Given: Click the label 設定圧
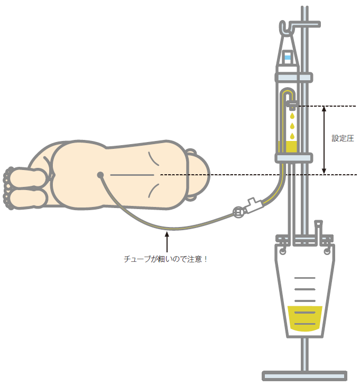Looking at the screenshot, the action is tap(343, 138).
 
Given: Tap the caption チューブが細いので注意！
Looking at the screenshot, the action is tap(165, 259).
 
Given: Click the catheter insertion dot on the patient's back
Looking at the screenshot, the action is tap(100, 175).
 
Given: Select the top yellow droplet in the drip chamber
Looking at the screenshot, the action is tap(292, 116).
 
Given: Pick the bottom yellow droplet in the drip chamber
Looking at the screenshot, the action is tap(292, 136).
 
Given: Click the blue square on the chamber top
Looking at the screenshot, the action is tap(288, 58).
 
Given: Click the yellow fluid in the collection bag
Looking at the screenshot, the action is tap(305, 318).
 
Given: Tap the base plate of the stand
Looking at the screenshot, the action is tap(304, 376).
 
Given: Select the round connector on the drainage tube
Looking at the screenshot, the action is tap(238, 212).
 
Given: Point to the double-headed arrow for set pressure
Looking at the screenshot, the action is tap(324, 140).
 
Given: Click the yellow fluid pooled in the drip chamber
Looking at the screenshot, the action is tap(288, 147).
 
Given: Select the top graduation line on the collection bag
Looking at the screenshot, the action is tap(305, 278).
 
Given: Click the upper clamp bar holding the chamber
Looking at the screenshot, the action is tap(294, 78).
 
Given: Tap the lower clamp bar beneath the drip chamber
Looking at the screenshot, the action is tap(294, 158).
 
